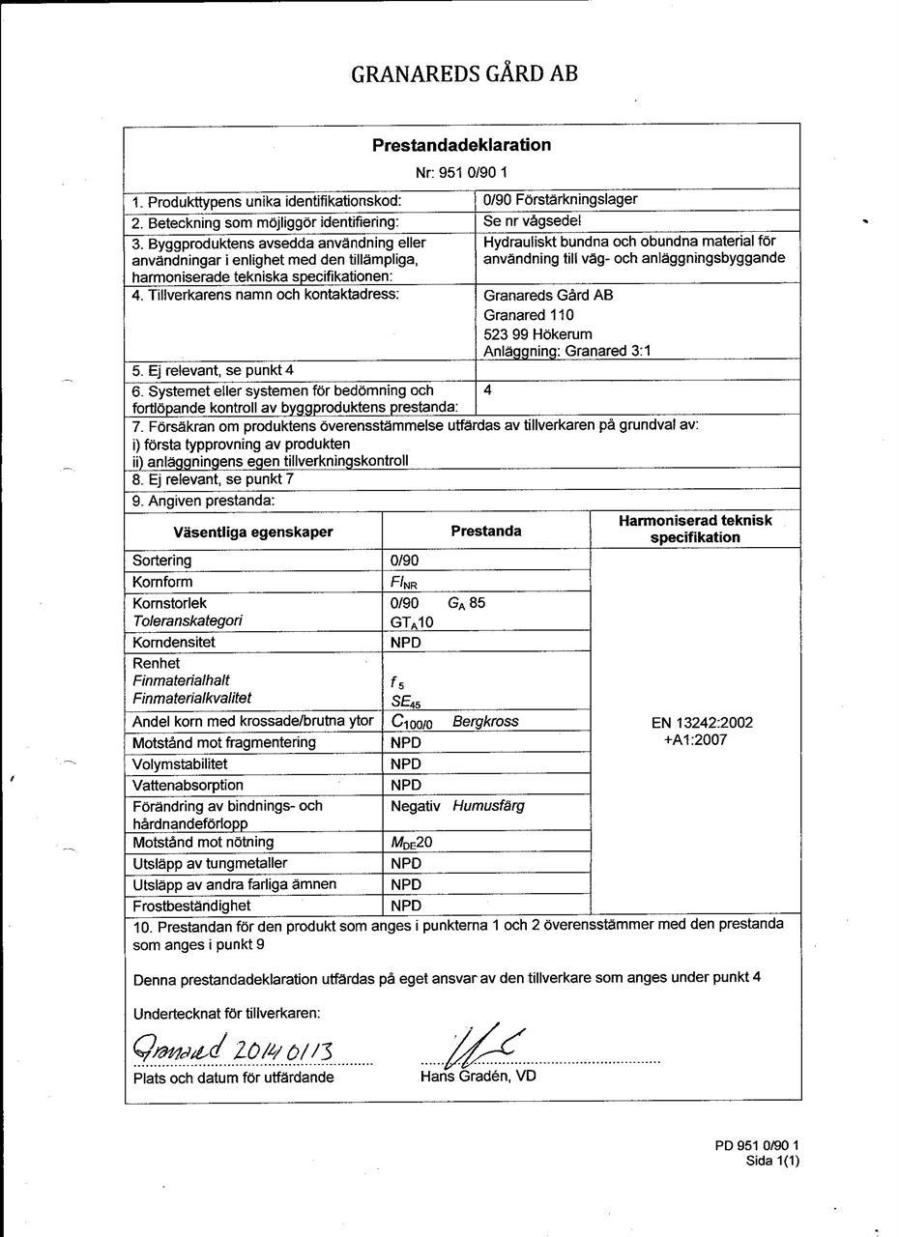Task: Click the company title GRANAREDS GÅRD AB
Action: (464, 73)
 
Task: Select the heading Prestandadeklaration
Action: (461, 145)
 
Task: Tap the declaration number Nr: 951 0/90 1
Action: (461, 172)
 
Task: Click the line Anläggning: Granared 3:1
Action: (566, 351)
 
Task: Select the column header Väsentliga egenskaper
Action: (253, 532)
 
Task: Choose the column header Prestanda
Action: (485, 531)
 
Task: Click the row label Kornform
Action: (162, 582)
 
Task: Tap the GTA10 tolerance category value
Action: (412, 621)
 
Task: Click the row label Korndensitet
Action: (174, 642)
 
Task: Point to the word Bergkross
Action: (485, 721)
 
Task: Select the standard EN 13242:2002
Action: (695, 722)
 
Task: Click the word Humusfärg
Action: (488, 805)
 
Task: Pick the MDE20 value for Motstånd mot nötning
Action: (411, 843)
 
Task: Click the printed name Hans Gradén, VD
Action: (478, 1076)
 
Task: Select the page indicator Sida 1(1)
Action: (772, 1162)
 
